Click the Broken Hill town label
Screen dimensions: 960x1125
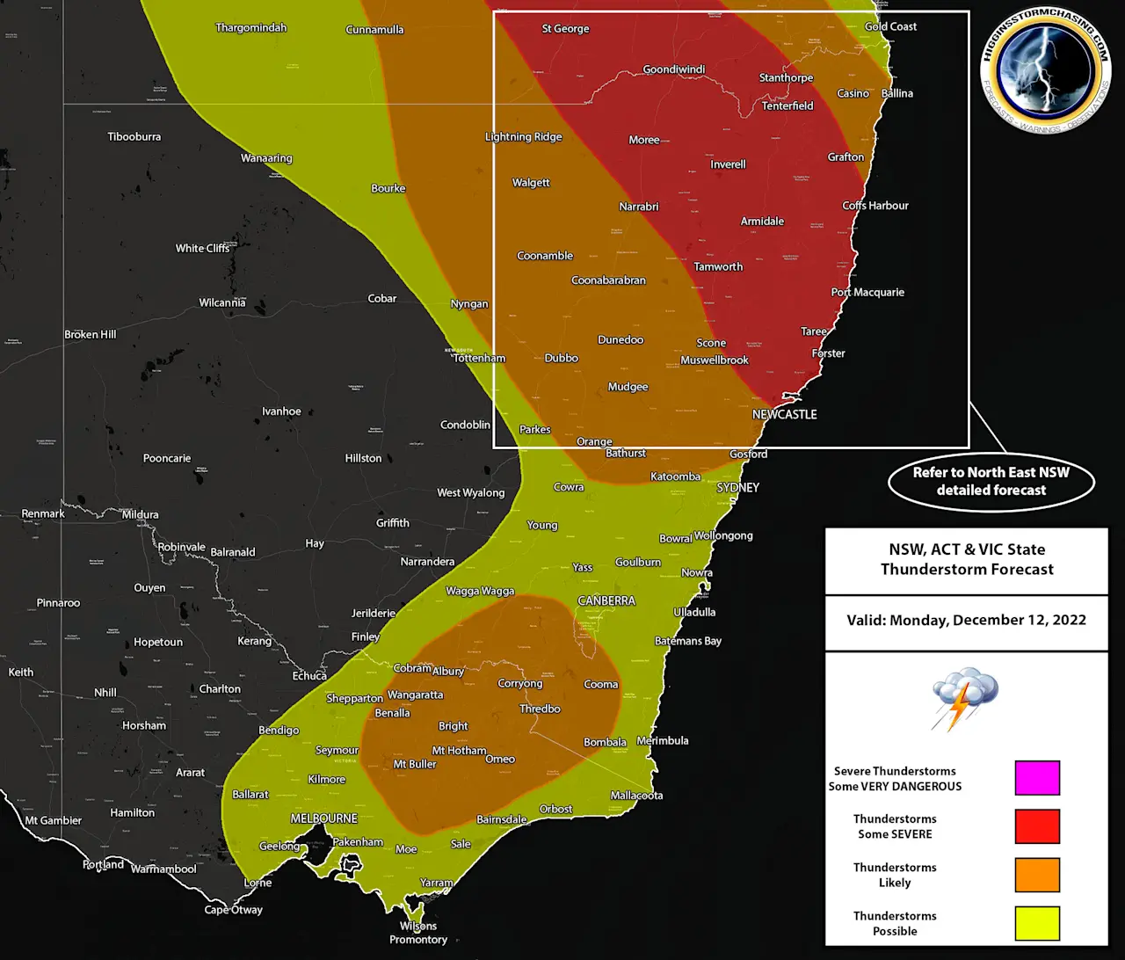click(x=90, y=334)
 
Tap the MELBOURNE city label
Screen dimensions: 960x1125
click(x=324, y=818)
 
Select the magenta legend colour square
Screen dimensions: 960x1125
click(x=1037, y=778)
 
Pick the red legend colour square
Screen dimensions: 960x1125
click(x=1037, y=826)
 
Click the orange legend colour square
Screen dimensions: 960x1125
click(x=1037, y=875)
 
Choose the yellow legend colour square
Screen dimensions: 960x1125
click(x=1037, y=923)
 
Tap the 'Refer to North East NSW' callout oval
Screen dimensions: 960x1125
click(x=991, y=481)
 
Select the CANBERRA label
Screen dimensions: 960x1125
click(x=606, y=600)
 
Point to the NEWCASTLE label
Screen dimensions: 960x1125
click(x=784, y=414)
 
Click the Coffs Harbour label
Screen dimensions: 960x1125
click(x=875, y=205)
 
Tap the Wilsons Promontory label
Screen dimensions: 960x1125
click(x=418, y=933)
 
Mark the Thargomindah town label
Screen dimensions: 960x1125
click(x=251, y=27)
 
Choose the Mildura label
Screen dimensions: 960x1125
click(x=141, y=514)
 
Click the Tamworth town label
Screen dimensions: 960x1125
click(x=718, y=266)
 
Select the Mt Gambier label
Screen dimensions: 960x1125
click(x=53, y=820)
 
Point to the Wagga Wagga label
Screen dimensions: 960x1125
click(x=480, y=591)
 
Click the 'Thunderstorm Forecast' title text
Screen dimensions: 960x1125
click(x=967, y=569)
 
